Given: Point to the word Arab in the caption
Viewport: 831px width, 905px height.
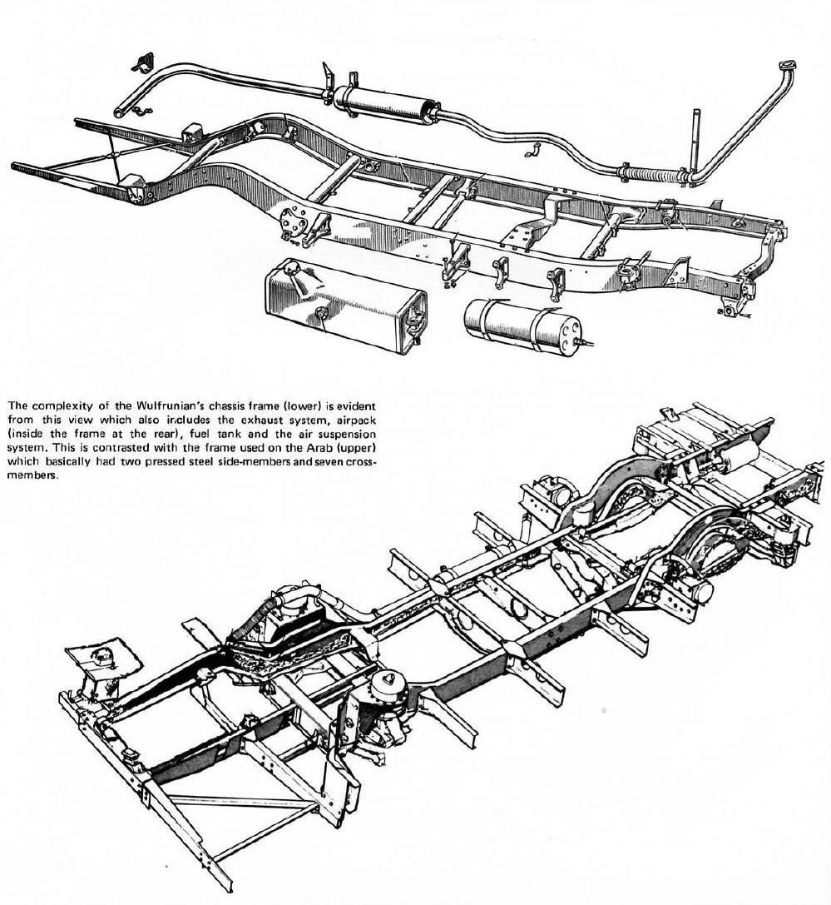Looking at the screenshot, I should click(322, 448).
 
